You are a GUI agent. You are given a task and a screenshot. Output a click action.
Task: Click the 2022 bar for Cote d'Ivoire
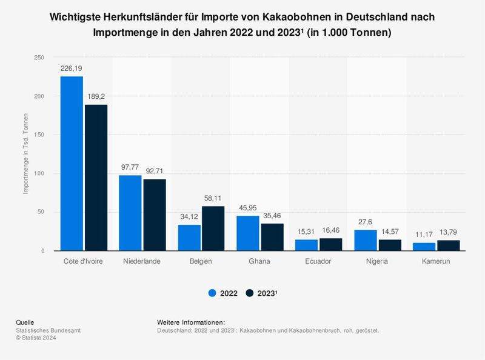[x=72, y=164]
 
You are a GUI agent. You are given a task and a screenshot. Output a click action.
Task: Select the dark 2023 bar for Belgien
[x=213, y=228]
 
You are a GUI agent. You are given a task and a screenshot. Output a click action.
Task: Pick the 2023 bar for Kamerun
[x=449, y=245]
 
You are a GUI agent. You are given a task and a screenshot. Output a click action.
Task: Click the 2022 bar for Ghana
[x=248, y=233]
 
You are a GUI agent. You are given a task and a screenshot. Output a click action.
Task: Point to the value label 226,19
[x=72, y=69]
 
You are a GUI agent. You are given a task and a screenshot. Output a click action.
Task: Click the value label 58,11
[x=213, y=199]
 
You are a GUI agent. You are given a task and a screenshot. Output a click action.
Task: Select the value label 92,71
[x=155, y=172]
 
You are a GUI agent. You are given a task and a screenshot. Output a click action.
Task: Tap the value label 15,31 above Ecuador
[x=307, y=232]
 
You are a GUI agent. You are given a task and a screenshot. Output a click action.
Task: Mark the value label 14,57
[x=390, y=232]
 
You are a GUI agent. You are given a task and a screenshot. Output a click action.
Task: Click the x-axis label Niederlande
[x=142, y=262]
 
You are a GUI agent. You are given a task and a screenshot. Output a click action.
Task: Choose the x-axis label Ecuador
[x=319, y=262]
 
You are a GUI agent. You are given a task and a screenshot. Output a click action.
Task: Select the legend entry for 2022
[x=222, y=293]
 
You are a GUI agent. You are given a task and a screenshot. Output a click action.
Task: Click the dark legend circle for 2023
[x=249, y=293]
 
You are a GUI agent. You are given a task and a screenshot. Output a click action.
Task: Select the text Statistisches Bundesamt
[x=48, y=330]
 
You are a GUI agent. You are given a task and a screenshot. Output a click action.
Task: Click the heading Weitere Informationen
[x=190, y=322]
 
